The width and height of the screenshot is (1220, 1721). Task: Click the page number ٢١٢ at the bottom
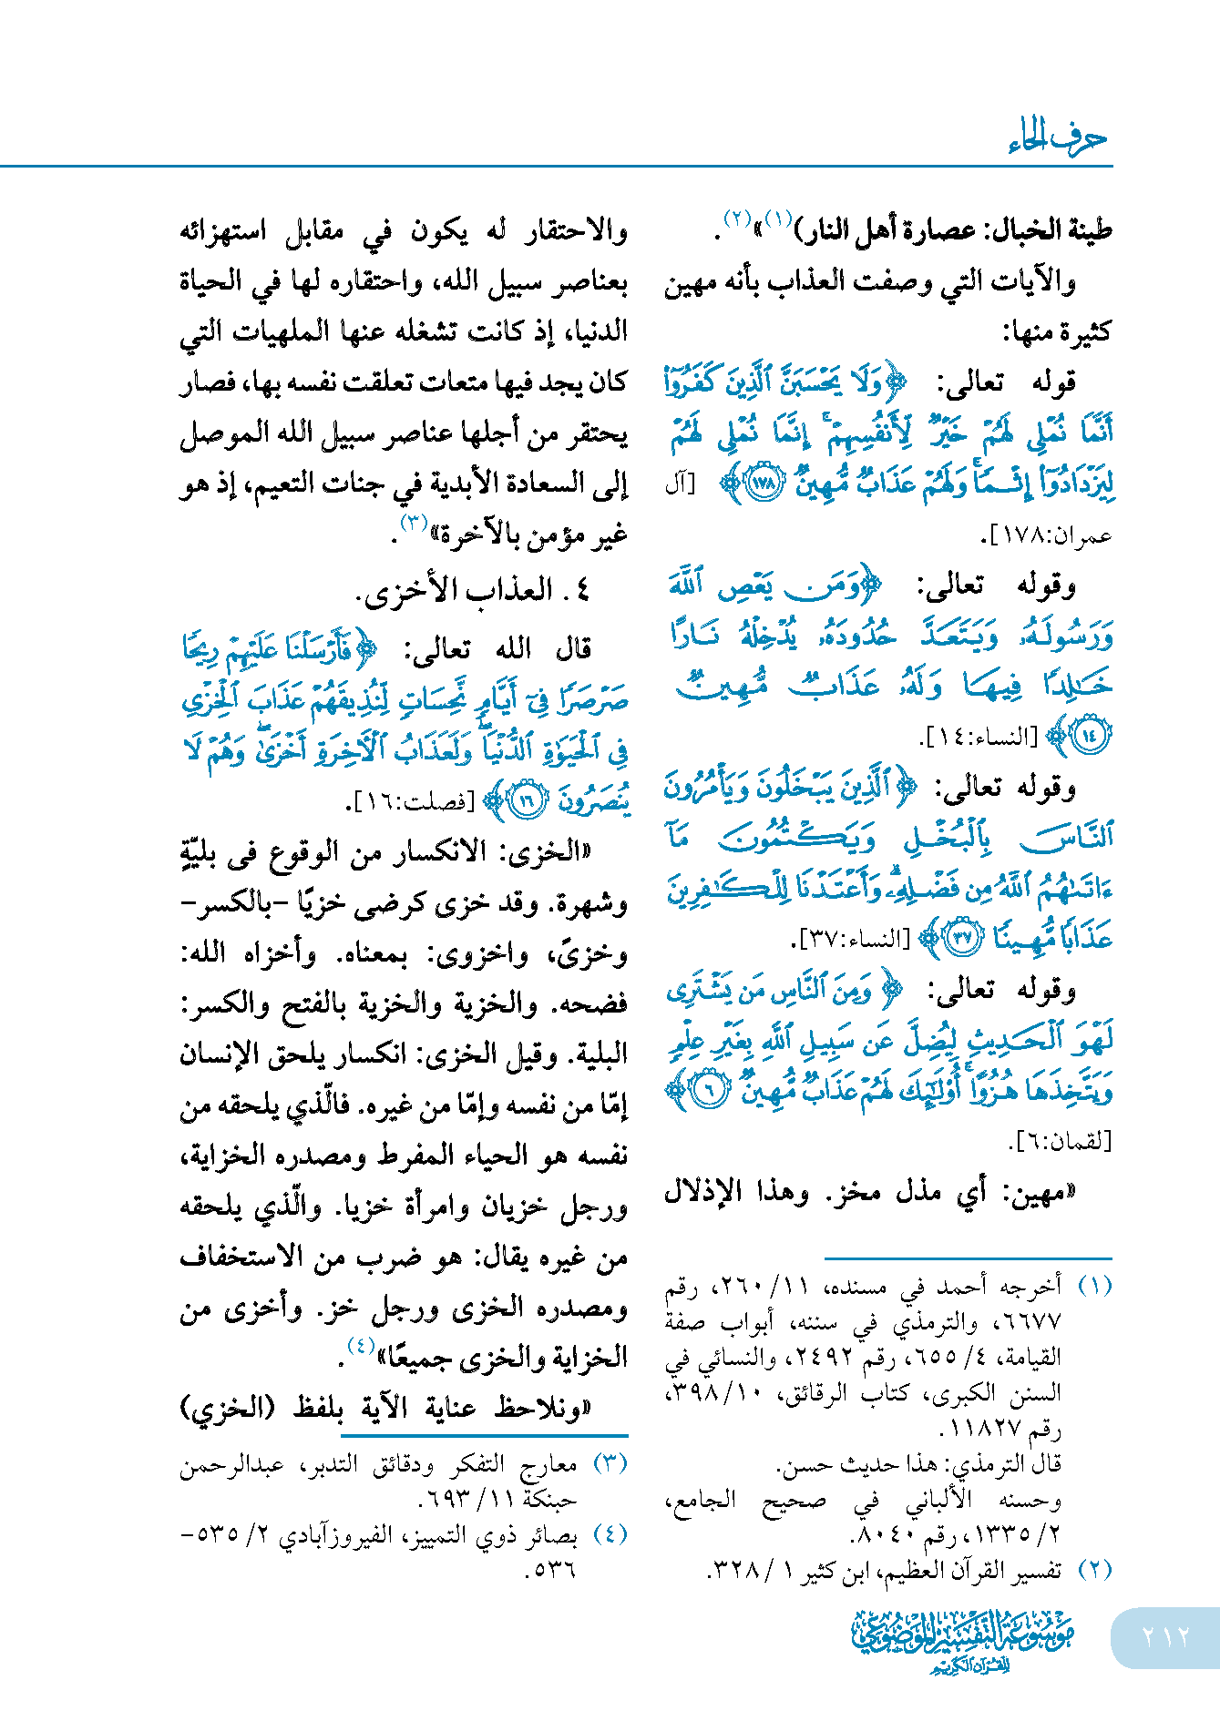pyautogui.click(x=1165, y=1636)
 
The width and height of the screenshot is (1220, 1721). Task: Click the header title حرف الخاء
pyautogui.click(x=1058, y=137)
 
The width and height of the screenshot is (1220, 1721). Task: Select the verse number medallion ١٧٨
pyautogui.click(x=764, y=484)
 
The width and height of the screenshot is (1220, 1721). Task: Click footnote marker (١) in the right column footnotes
pyautogui.click(x=1094, y=1285)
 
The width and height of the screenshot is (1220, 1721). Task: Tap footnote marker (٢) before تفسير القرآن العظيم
pyautogui.click(x=1094, y=1569)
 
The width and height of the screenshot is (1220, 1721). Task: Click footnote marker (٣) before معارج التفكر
pyautogui.click(x=610, y=1463)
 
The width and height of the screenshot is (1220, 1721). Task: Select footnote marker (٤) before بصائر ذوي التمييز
pyautogui.click(x=610, y=1534)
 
